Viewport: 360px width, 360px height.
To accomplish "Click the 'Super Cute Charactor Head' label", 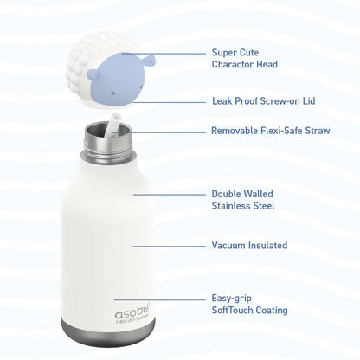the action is [245, 58].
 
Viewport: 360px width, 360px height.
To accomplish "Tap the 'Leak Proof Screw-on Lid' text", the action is [264, 101].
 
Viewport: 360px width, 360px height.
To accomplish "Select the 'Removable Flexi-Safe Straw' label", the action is [271, 131].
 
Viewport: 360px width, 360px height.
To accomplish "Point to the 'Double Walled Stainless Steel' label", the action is [243, 200].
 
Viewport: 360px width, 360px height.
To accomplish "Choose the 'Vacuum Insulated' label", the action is [249, 246].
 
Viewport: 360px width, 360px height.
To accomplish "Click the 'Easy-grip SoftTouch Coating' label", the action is [249, 304].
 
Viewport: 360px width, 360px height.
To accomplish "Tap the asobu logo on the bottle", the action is [133, 313].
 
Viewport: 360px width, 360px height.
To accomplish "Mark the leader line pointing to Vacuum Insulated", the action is [169, 247].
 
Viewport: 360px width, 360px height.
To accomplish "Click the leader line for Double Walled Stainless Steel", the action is [170, 195].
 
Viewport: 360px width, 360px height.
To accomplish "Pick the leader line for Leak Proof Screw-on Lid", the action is [169, 102].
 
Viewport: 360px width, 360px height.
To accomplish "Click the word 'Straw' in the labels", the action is [318, 131].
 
